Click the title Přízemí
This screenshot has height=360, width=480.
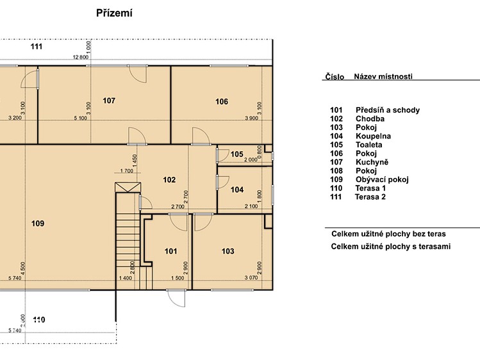point(114,13)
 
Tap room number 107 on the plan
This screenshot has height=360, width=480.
point(109,101)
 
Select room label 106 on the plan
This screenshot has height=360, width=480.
point(222,102)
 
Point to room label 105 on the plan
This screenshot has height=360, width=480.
point(237,154)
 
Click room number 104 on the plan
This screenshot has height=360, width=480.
point(237,190)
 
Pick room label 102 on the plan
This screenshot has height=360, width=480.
point(169,180)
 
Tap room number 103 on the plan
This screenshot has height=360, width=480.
point(228,251)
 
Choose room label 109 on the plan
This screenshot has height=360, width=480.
point(38,224)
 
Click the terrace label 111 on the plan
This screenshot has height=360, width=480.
point(36,47)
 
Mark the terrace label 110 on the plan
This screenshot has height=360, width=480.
point(39,320)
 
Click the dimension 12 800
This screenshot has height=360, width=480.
point(81,57)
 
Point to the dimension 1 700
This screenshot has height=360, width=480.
point(127,171)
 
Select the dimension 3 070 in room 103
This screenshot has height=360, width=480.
point(251,278)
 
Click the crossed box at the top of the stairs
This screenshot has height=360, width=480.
point(128,188)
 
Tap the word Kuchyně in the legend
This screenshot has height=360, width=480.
point(372,162)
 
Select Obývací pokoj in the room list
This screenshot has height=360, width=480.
point(382,179)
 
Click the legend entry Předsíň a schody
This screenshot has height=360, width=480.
point(388,110)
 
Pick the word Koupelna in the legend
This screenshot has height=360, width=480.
point(373,136)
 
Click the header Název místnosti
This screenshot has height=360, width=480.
point(383,76)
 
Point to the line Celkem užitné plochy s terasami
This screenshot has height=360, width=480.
point(391,247)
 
